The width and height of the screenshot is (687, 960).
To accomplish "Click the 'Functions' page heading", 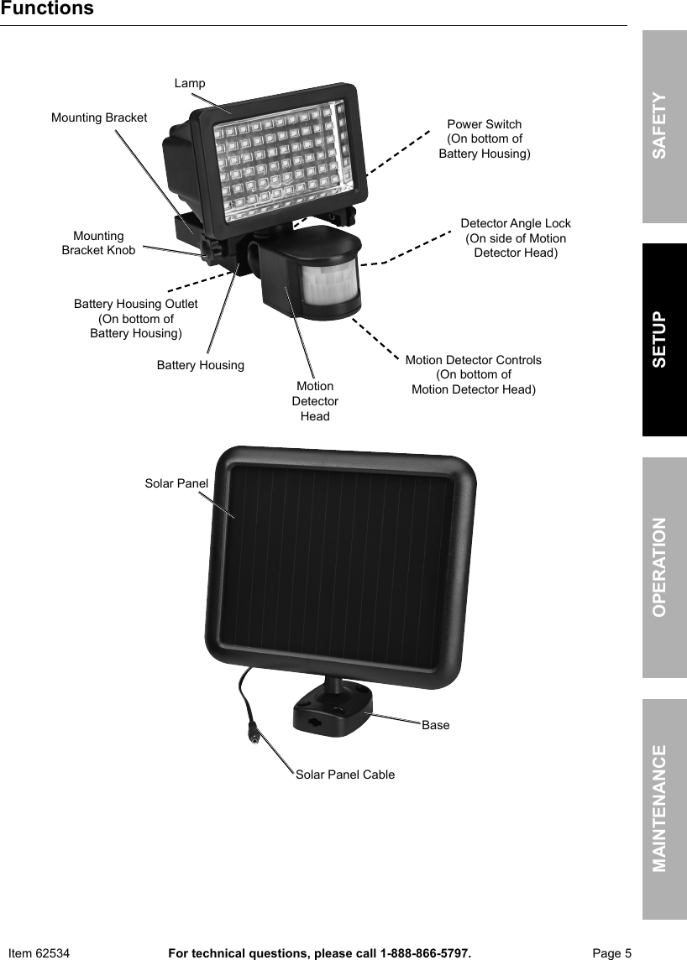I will click(47, 9).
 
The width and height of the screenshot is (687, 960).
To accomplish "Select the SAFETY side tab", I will click(664, 126).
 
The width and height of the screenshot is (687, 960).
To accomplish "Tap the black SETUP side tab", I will click(664, 339).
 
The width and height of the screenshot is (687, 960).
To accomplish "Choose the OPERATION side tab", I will click(664, 567).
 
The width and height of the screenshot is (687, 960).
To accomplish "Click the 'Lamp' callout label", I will click(190, 83).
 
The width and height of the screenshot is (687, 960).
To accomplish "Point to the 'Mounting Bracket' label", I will click(99, 117).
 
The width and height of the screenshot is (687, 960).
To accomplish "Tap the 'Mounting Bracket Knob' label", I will click(98, 243).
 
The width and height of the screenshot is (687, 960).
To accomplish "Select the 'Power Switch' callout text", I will click(485, 124).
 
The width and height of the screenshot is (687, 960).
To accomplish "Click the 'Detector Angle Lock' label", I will click(516, 223).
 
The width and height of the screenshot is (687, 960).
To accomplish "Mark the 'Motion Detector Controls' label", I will click(474, 360).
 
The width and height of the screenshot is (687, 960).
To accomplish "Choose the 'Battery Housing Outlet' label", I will click(136, 304).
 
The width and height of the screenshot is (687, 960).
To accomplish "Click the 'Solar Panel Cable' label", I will click(345, 775).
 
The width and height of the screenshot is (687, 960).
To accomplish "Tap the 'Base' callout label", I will click(436, 725).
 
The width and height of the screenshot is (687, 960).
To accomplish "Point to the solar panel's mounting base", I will click(332, 710).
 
